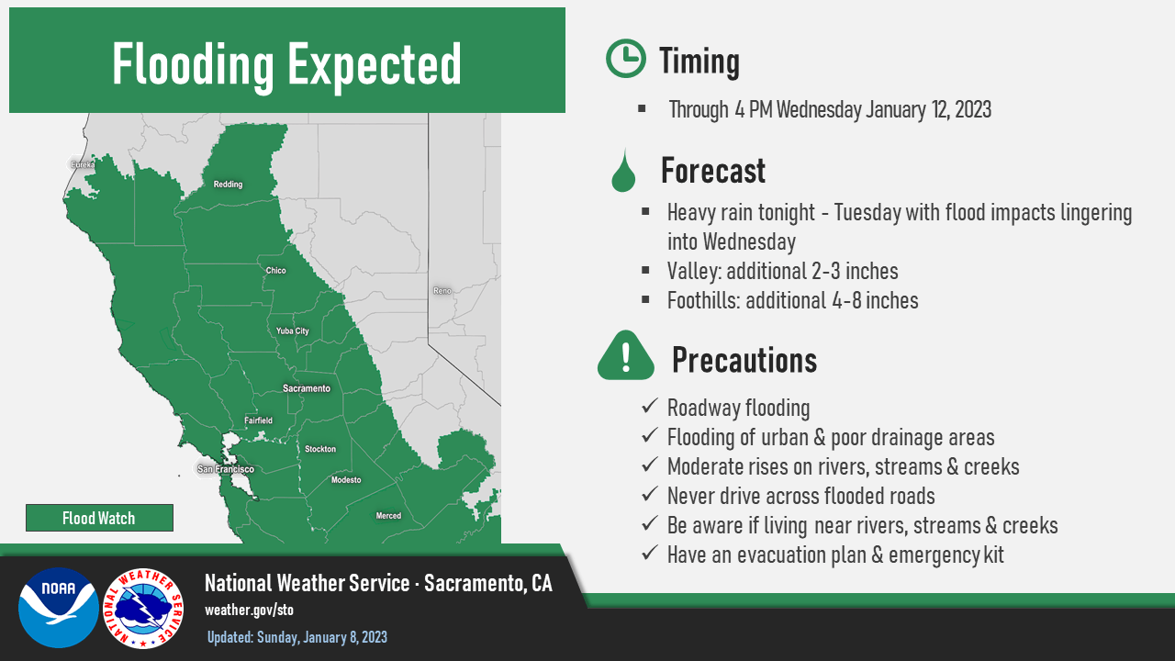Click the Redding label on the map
pyautogui.click(x=228, y=185)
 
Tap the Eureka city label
pyautogui.click(x=83, y=164)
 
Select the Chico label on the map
pyautogui.click(x=276, y=270)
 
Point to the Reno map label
pyautogui.click(x=442, y=291)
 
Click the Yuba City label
pyautogui.click(x=292, y=331)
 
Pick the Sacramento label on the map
pyautogui.click(x=307, y=388)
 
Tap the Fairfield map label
pyautogui.click(x=258, y=420)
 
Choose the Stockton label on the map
pyautogui.click(x=320, y=449)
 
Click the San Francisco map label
pyautogui.click(x=226, y=469)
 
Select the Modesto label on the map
pyautogui.click(x=346, y=480)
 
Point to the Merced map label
pyautogui.click(x=388, y=516)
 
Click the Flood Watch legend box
pyautogui.click(x=99, y=518)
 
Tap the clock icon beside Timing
pyautogui.click(x=626, y=58)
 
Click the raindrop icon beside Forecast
pyautogui.click(x=623, y=171)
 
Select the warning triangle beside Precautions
pyautogui.click(x=626, y=355)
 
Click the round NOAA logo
pyautogui.click(x=58, y=608)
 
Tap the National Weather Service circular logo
pyautogui.click(x=143, y=609)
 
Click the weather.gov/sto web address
pyautogui.click(x=249, y=611)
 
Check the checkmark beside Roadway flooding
pyautogui.click(x=650, y=406)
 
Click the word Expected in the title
pyautogui.click(x=374, y=65)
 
